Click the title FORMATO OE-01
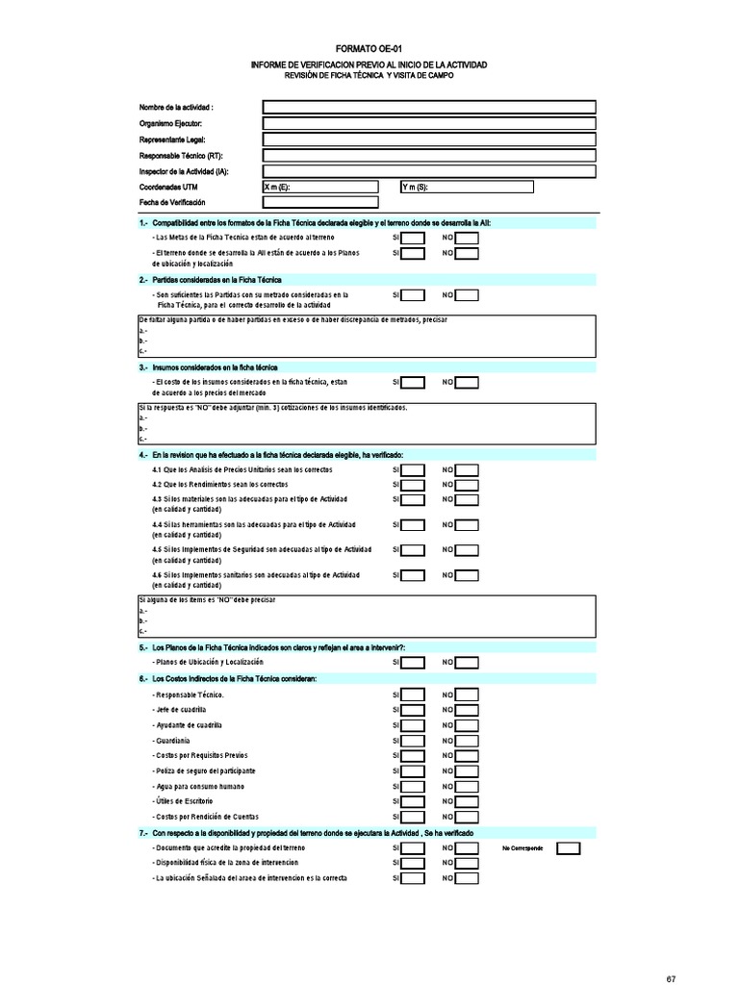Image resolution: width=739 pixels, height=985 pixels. click(369, 48)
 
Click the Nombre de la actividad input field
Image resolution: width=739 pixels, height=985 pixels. click(429, 107)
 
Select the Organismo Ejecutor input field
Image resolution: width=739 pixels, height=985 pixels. click(429, 123)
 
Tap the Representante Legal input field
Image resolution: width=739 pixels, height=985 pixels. click(429, 139)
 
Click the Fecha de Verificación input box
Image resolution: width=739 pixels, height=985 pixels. click(320, 202)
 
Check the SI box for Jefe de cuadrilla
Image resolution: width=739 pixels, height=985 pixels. click(413, 710)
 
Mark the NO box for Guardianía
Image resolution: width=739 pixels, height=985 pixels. click(467, 741)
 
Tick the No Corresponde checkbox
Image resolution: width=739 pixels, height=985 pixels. click(569, 848)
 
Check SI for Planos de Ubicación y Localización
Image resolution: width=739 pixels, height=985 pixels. click(413, 663)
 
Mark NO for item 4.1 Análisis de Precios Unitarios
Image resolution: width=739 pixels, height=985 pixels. click(467, 469)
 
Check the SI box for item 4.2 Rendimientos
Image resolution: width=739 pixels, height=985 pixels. click(413, 485)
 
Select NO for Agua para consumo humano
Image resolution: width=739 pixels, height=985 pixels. click(467, 786)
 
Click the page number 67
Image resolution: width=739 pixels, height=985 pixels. click(671, 979)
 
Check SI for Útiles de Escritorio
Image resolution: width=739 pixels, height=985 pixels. click(413, 801)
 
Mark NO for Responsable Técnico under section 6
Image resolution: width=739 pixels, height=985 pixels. click(467, 695)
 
